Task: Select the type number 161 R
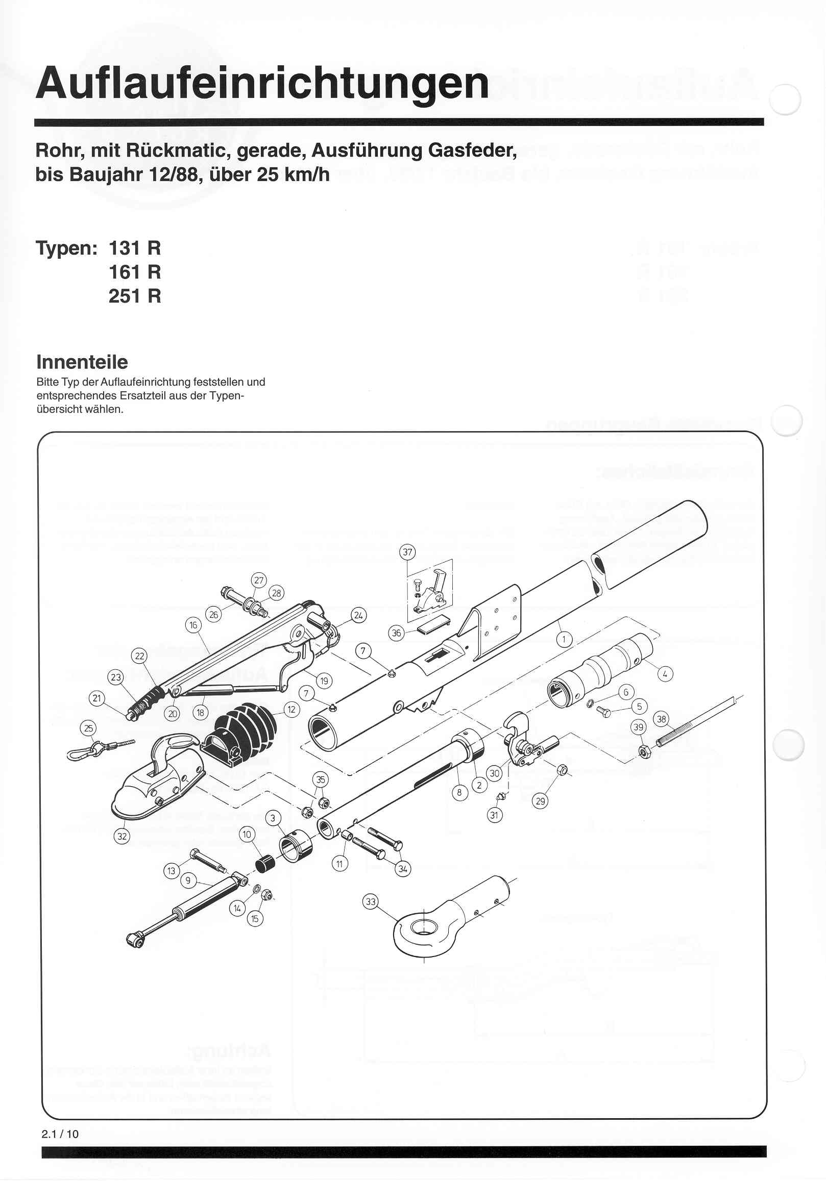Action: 134,272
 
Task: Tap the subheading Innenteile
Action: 82,362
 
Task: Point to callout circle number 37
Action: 407,552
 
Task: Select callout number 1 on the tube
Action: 564,640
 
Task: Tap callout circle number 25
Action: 89,728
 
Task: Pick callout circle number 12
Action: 291,710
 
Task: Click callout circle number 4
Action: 665,674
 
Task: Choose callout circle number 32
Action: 122,836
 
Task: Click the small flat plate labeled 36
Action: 431,626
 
